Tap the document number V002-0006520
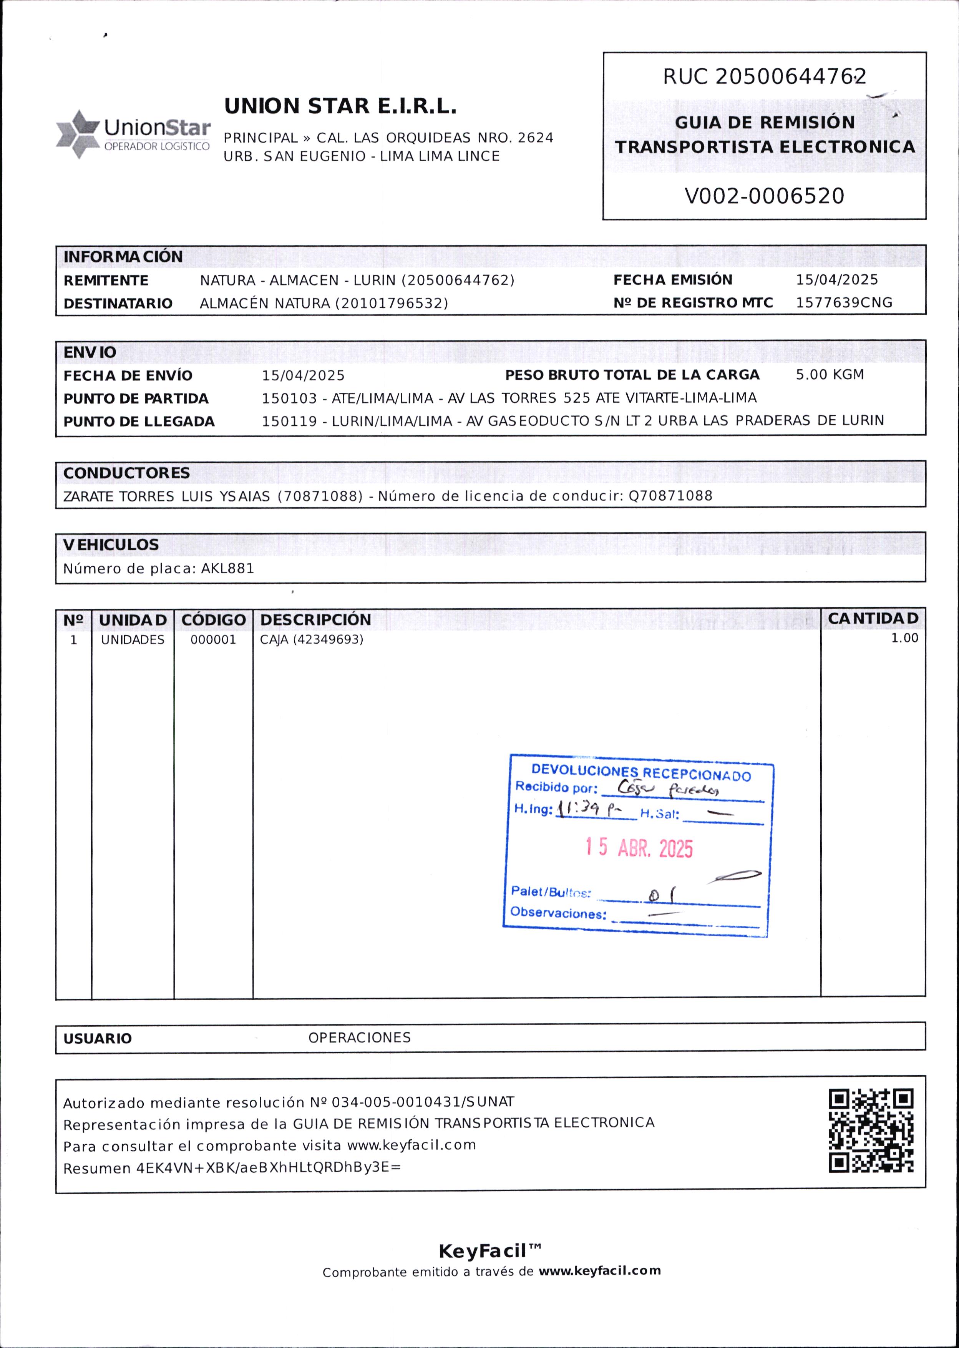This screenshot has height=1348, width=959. (x=764, y=196)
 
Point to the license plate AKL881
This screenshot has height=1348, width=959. (x=227, y=569)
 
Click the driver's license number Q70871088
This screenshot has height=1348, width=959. (x=670, y=496)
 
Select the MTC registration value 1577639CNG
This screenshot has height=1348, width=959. (x=843, y=303)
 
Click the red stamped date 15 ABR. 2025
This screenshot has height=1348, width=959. (x=639, y=848)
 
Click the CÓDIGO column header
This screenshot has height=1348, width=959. (x=213, y=620)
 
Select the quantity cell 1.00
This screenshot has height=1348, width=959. (x=904, y=638)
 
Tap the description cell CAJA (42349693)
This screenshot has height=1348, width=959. (x=311, y=639)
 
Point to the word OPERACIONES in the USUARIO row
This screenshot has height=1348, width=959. (x=359, y=1038)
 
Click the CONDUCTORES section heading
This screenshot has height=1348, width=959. (x=126, y=473)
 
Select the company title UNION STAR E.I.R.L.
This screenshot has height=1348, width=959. (x=340, y=106)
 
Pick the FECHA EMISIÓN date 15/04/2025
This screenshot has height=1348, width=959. (x=836, y=280)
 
